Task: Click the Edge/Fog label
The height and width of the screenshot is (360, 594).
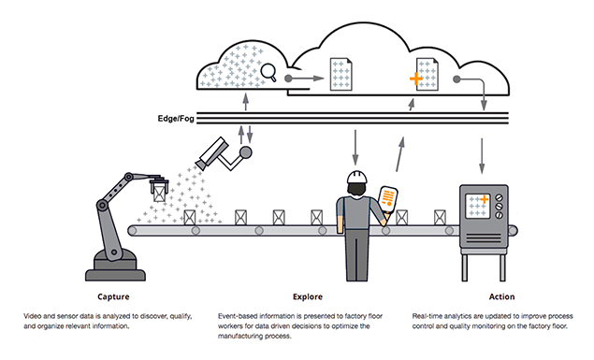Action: tap(176, 119)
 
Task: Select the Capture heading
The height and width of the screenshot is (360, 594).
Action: tap(113, 296)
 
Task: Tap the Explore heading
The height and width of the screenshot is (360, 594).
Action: tap(308, 296)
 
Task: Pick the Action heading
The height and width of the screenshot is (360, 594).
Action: tap(501, 296)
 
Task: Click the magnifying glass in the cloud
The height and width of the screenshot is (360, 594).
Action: tap(268, 72)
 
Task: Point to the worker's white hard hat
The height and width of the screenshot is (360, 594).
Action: tap(357, 177)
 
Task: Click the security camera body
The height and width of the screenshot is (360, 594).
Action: tap(213, 152)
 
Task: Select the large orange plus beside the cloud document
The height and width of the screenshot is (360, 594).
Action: tap(416, 79)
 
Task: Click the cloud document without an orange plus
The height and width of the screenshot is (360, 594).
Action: tap(340, 74)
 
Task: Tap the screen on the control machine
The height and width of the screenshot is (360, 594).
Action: tap(478, 206)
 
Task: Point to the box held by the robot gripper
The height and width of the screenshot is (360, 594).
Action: tap(159, 194)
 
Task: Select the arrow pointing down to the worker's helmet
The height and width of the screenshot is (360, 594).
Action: tap(355, 148)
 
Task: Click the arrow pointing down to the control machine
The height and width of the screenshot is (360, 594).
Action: tap(482, 156)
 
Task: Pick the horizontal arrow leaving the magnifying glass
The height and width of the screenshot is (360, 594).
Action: tap(304, 79)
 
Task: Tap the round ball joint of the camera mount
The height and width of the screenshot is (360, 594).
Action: tap(246, 152)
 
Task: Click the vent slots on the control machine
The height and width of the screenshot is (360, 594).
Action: tap(483, 238)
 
